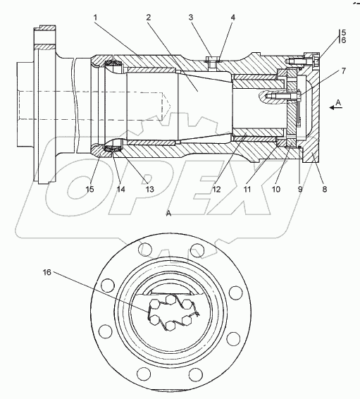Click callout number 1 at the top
tap(95, 18)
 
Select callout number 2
tap(149, 18)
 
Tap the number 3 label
tap(191, 18)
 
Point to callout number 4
tap(233, 18)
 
